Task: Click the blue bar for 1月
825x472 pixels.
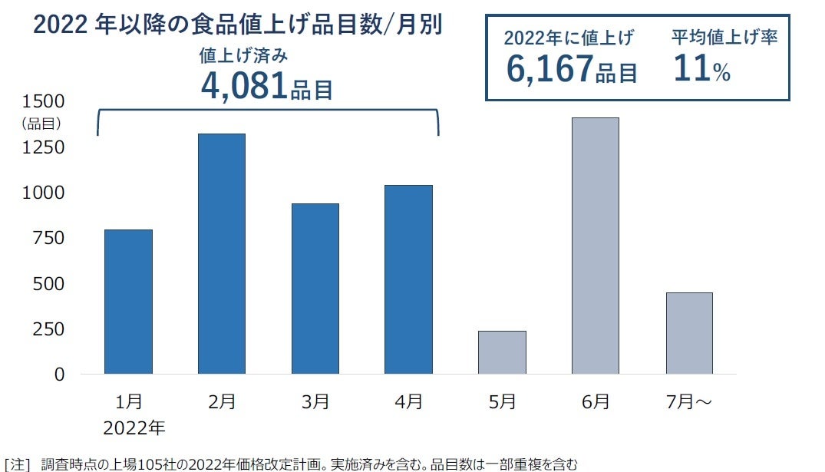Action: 128,302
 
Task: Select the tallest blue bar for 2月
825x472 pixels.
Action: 222,254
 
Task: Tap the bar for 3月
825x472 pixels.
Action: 315,289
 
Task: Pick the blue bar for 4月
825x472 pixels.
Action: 408,279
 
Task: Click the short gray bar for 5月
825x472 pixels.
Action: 502,352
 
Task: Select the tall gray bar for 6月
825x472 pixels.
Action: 596,246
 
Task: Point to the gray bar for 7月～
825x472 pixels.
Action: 689,333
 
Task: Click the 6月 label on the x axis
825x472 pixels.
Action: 596,401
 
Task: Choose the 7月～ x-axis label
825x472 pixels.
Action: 688,401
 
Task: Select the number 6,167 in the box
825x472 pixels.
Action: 549,69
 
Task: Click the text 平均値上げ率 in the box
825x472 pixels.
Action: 724,37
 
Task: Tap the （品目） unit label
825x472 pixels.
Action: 40,122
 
